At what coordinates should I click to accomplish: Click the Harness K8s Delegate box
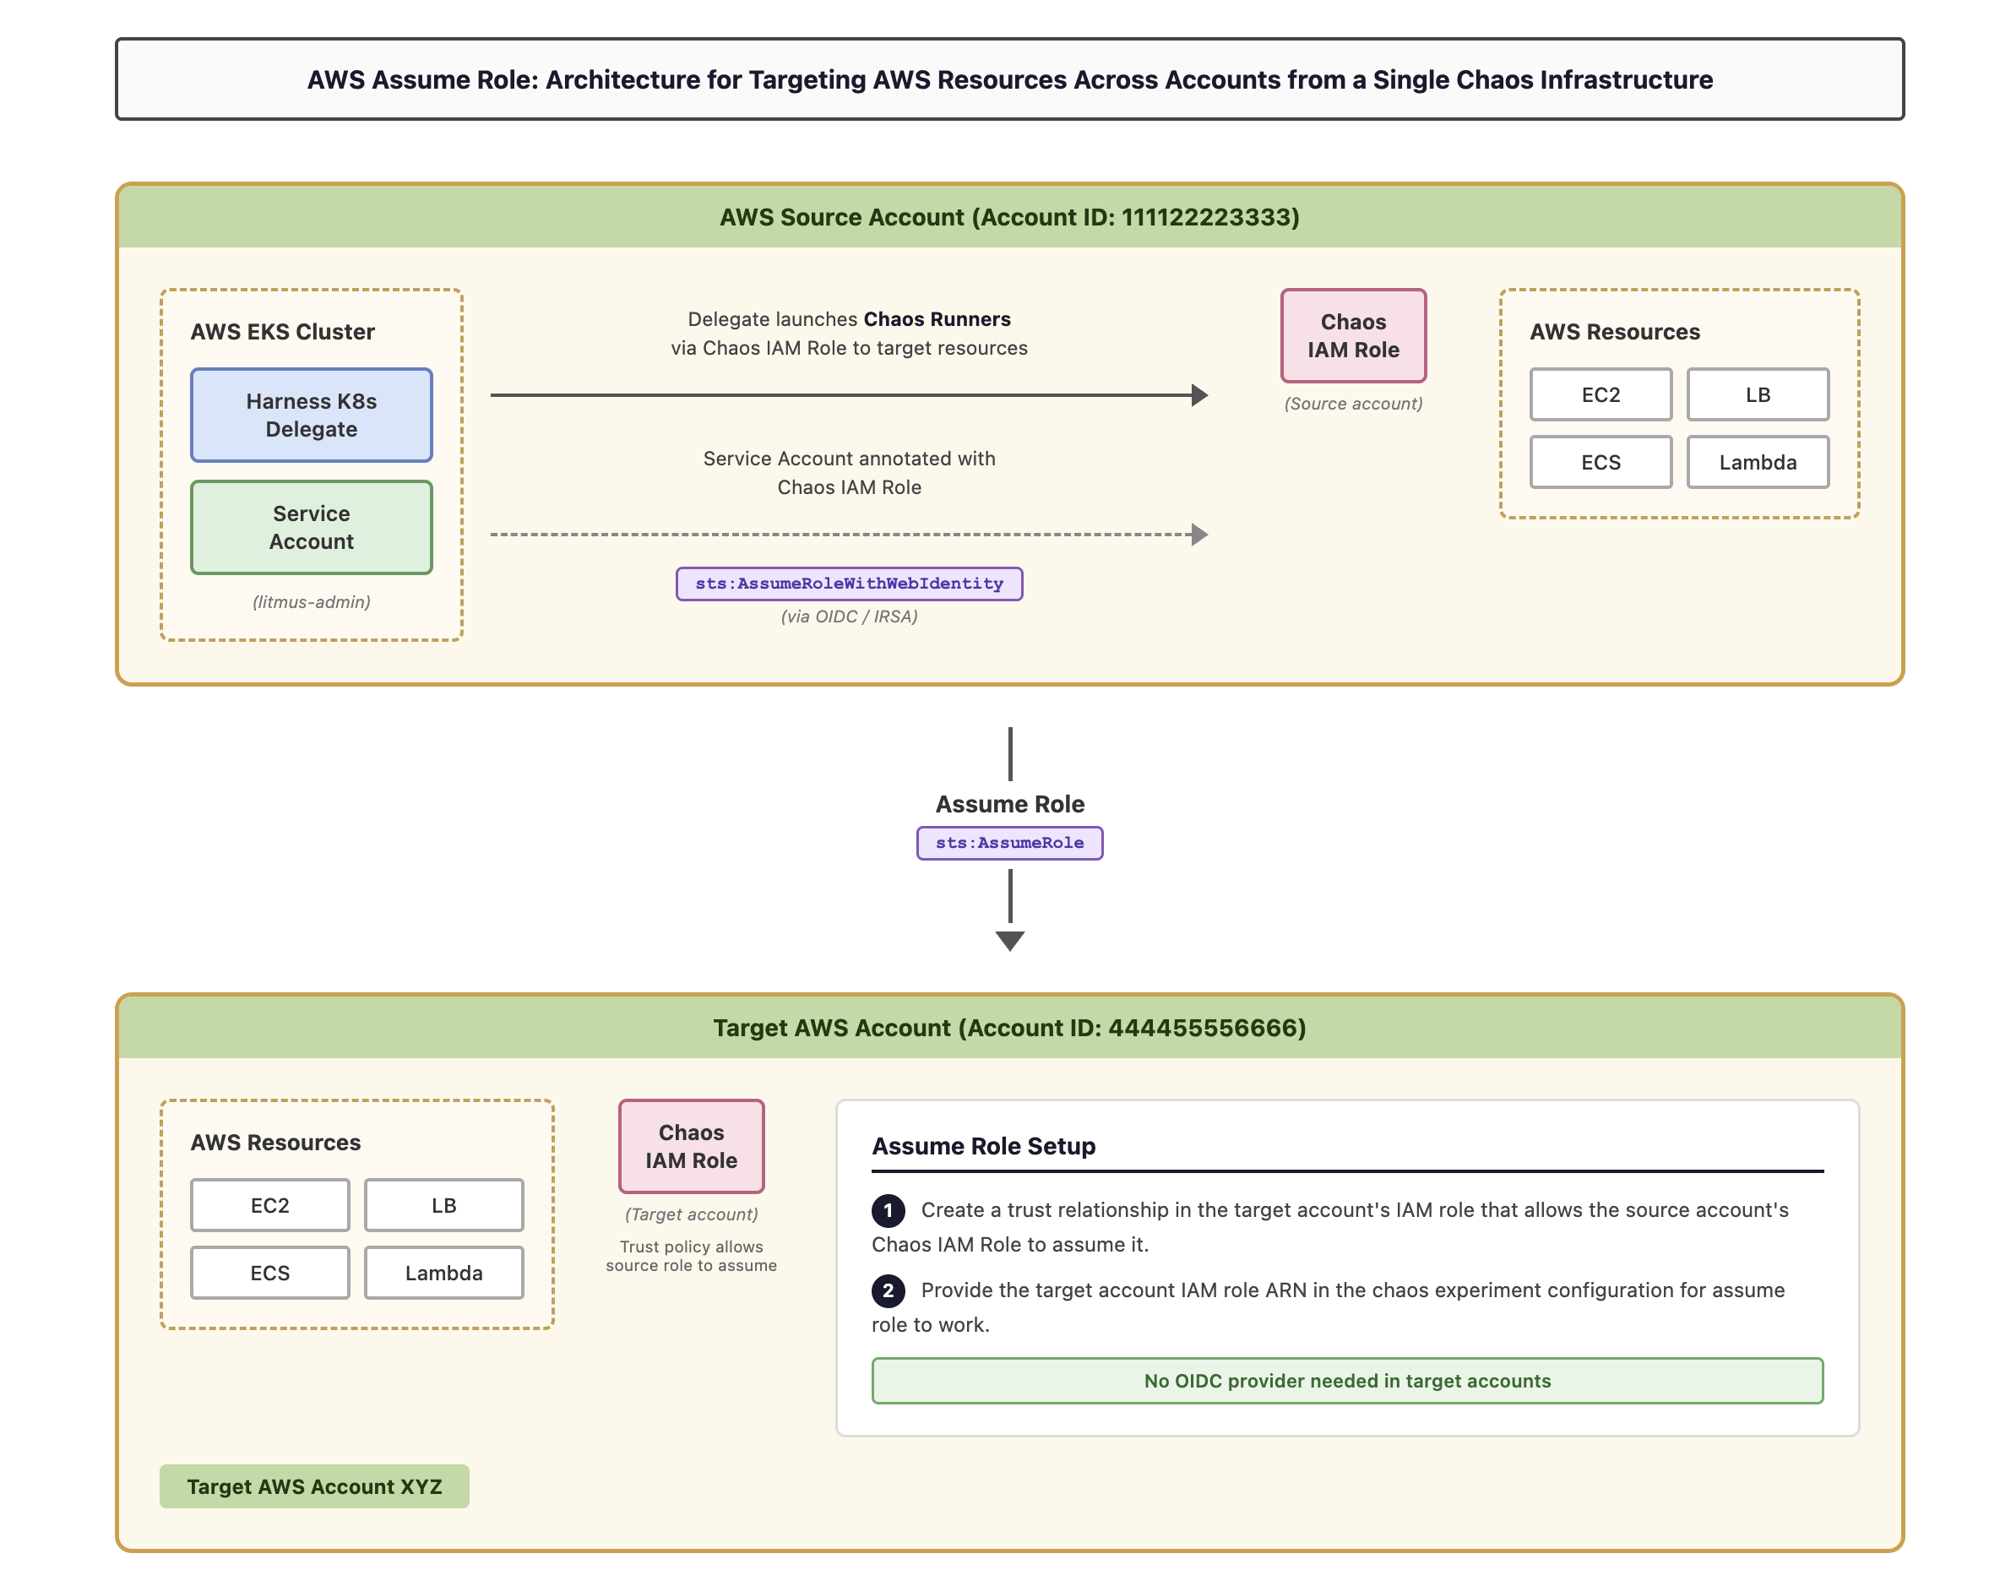[311, 415]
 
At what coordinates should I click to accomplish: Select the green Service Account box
[311, 527]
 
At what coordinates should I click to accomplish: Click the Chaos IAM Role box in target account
[691, 1145]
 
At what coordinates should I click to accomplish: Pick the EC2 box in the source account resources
[1601, 394]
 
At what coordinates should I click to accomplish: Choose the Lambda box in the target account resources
[443, 1273]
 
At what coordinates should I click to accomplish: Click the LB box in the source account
[1757, 394]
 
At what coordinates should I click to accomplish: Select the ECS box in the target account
[270, 1273]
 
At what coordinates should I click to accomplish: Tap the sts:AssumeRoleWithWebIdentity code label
[849, 584]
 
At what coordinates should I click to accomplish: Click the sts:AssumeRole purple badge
[1009, 842]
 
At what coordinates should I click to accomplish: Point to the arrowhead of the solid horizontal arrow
[1199, 395]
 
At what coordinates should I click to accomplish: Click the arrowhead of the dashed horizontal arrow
[1199, 535]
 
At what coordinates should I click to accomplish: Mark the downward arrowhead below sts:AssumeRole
[1009, 941]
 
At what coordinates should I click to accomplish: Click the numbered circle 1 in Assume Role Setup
[888, 1209]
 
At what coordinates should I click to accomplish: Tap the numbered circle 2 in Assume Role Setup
[888, 1290]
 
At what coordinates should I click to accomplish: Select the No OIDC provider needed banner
[1347, 1380]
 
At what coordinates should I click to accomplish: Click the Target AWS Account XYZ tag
[313, 1486]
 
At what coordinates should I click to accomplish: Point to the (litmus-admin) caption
[311, 602]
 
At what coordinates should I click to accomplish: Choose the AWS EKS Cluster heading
[282, 331]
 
